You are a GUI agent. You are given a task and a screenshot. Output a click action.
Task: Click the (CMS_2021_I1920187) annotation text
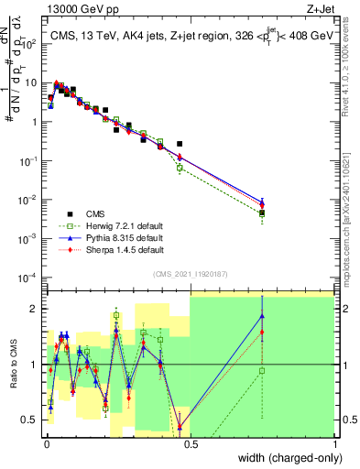190,272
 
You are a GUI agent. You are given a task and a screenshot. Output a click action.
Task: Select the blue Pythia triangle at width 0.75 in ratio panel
262,316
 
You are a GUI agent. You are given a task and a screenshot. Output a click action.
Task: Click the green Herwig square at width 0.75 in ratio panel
262,370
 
